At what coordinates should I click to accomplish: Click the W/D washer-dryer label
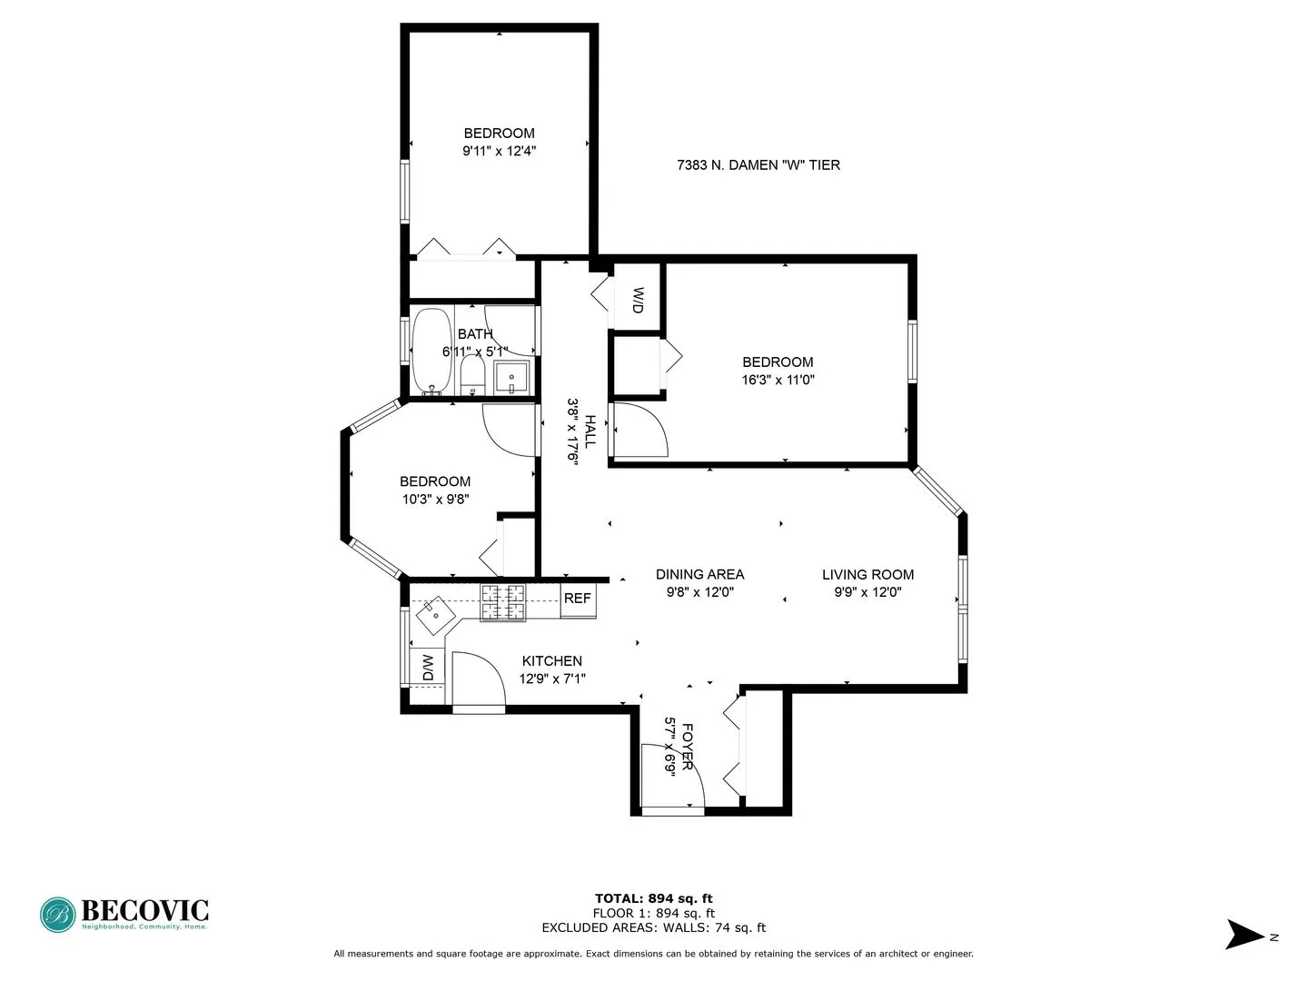tap(638, 301)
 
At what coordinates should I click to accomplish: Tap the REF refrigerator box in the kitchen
tap(578, 599)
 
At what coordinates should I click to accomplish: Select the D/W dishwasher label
tap(428, 669)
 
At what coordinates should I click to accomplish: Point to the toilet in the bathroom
tap(472, 374)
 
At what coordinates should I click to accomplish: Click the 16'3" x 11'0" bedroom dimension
tap(778, 381)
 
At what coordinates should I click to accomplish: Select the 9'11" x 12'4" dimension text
tap(499, 152)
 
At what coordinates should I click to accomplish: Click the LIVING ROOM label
tap(867, 574)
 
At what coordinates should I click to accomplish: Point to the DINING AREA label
tap(699, 574)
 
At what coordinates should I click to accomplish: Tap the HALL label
tap(590, 431)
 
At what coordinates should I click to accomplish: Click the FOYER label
tap(688, 747)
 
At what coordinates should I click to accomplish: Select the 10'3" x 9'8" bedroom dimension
tap(435, 499)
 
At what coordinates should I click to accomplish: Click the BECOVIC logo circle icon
tap(57, 915)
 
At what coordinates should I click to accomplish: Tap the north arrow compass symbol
tap(1244, 935)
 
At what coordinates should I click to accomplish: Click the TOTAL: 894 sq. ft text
tap(653, 898)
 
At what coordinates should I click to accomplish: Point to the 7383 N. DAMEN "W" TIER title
tap(758, 165)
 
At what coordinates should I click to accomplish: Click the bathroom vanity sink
tap(512, 376)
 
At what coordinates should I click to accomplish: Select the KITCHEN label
tap(551, 661)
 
